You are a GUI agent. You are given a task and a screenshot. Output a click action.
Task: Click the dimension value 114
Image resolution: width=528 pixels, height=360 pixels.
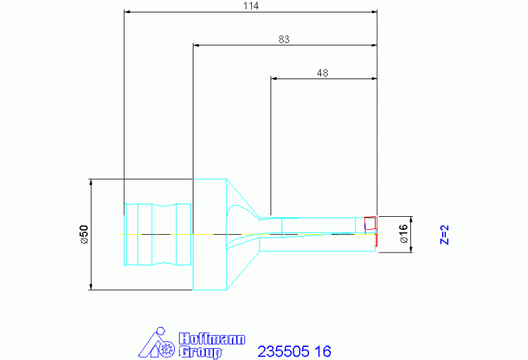tap(251, 6)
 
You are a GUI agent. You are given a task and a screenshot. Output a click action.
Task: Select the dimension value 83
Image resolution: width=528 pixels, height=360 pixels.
tap(284, 39)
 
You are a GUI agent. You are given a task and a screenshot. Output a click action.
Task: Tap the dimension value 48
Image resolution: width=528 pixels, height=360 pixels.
tap(322, 73)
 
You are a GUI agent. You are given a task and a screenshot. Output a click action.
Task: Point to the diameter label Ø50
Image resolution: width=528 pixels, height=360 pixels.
tap(84, 234)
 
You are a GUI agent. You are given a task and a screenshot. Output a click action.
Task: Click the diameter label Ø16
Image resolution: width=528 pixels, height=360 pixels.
tap(403, 234)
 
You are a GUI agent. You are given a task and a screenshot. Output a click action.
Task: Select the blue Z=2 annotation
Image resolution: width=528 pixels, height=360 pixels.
tap(445, 235)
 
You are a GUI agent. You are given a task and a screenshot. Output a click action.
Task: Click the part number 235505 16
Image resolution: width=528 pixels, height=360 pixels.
tap(295, 351)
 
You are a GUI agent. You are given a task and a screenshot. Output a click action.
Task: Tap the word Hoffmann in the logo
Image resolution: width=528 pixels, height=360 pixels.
tap(212, 339)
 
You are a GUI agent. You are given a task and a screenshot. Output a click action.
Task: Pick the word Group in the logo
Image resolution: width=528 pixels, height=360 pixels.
tap(200, 352)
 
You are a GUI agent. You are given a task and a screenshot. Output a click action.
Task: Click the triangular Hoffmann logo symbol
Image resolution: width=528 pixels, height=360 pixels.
tap(156, 343)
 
